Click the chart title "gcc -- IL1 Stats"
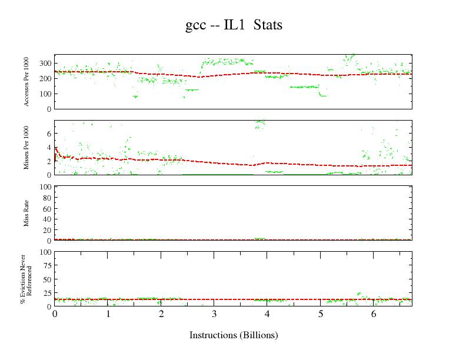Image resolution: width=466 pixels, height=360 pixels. coord(234,25)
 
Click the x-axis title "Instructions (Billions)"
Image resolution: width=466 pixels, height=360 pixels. coord(234,335)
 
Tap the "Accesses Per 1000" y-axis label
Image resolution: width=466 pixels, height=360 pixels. coord(26,82)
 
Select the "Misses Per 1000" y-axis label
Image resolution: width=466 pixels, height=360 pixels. coord(26,148)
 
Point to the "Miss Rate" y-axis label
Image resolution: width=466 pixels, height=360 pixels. coord(26,214)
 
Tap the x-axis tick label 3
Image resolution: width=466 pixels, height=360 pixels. coord(214,314)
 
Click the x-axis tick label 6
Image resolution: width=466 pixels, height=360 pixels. coord(374,314)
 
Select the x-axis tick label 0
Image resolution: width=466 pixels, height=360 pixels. coord(55,314)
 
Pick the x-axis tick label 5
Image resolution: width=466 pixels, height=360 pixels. coord(321,314)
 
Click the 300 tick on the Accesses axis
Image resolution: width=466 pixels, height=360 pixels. coord(45,64)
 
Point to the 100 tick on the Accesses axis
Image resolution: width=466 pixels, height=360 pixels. coord(45,94)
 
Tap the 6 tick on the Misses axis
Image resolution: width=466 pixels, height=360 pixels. coord(49,134)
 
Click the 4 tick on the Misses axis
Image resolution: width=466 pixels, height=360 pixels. coord(49,148)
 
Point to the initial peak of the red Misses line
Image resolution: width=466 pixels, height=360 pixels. coord(56,148)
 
